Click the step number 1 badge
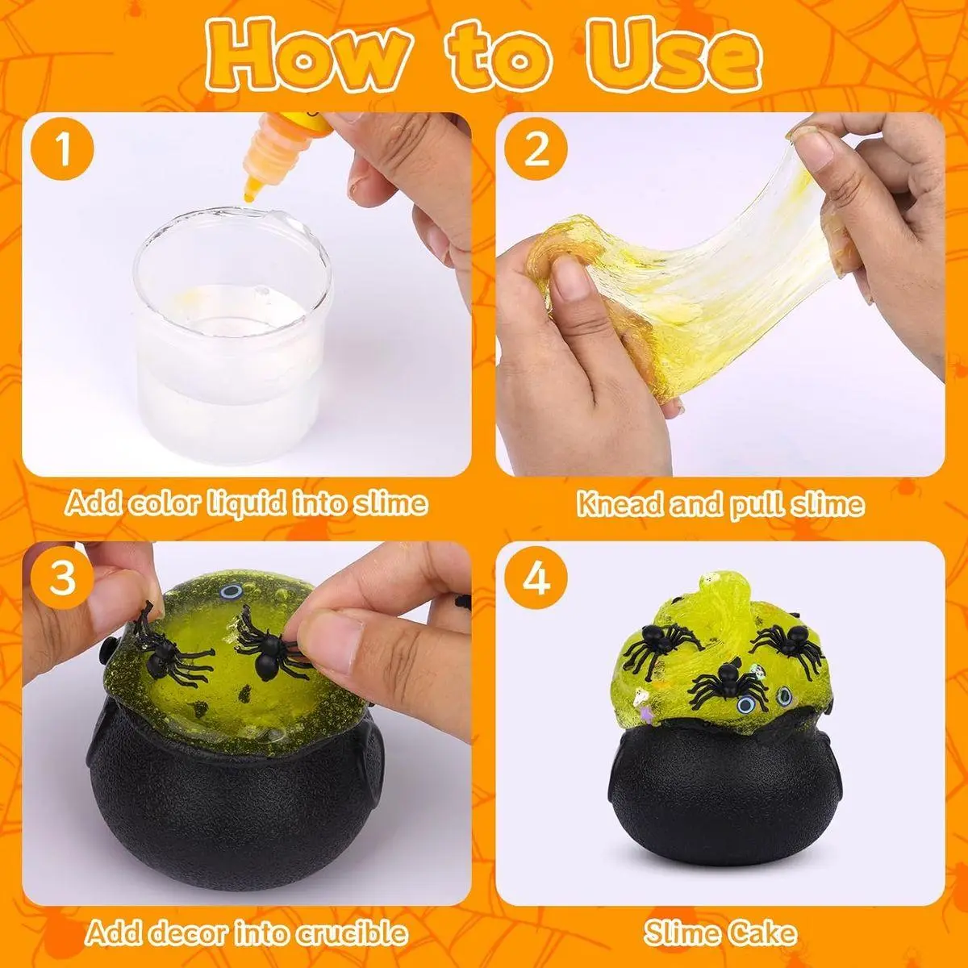62,150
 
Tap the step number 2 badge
536,150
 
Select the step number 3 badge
62,578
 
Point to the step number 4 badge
536,578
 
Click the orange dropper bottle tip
248,193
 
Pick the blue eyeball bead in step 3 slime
227,592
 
